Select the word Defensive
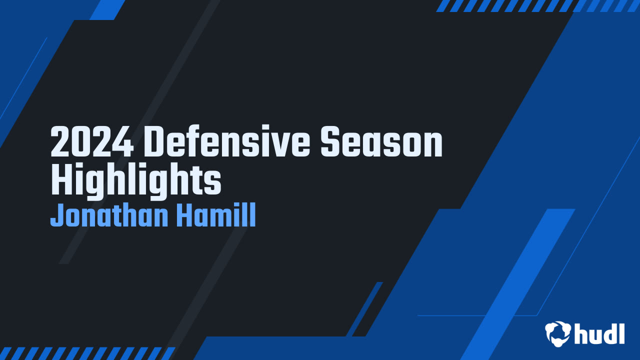click(227, 142)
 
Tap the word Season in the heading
click(381, 142)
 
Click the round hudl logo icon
click(558, 333)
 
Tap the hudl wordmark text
click(599, 333)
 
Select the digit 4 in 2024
click(123, 142)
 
